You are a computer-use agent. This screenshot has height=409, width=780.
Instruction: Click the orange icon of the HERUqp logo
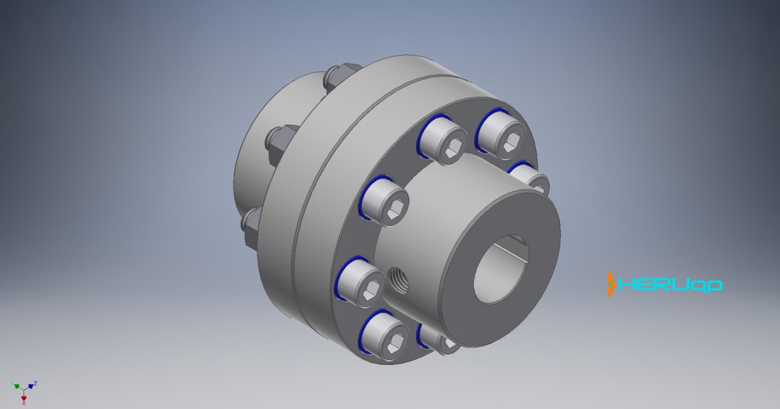[611, 284]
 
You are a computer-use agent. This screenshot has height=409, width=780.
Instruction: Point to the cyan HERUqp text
[669, 285]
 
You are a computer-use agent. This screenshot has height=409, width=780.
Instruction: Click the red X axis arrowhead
[24, 397]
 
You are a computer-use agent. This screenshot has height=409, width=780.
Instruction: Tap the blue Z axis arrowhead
[31, 386]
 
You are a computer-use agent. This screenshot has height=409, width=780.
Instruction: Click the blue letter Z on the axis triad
[35, 382]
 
